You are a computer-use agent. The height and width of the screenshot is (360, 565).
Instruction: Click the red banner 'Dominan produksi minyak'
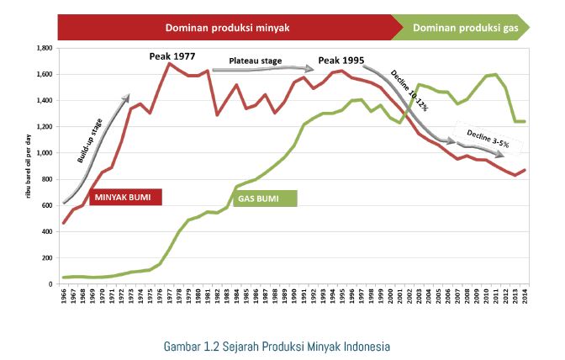coord(227,27)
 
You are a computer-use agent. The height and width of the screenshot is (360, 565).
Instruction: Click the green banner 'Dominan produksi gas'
coord(471,27)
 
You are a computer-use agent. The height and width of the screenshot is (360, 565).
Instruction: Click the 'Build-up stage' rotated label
coord(92,139)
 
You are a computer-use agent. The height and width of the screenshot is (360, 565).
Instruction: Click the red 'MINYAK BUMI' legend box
coord(124,198)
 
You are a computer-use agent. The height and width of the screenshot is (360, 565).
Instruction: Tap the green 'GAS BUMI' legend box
coord(264,198)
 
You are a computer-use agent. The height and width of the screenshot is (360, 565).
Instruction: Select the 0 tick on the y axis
coord(51,283)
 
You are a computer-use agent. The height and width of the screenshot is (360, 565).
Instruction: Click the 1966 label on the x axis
coord(65,299)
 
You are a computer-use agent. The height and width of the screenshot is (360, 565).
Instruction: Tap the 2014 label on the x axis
coord(524,299)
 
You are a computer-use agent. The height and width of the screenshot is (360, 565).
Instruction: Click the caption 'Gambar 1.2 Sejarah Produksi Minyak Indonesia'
coord(277,345)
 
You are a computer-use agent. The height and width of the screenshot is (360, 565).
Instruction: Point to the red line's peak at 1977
coord(170,63)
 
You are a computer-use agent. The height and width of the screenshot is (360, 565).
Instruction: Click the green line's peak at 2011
coord(496,75)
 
